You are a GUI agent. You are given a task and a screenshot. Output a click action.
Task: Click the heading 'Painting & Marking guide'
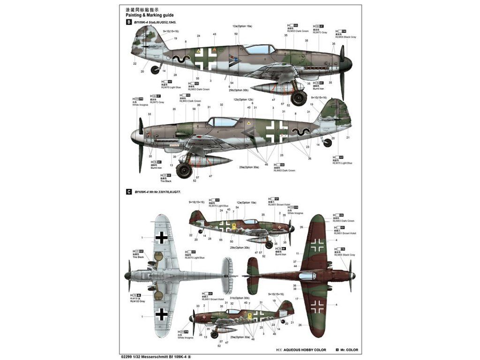click(146, 15)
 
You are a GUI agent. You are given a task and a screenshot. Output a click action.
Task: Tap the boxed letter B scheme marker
click(129, 22)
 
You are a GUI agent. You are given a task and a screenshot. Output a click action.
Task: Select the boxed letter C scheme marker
click(129, 192)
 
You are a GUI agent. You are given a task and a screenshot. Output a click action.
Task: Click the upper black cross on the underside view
click(162, 238)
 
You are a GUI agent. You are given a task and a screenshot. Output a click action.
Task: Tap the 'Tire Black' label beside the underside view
click(138, 257)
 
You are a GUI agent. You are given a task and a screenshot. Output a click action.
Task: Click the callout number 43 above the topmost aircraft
click(214, 34)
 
